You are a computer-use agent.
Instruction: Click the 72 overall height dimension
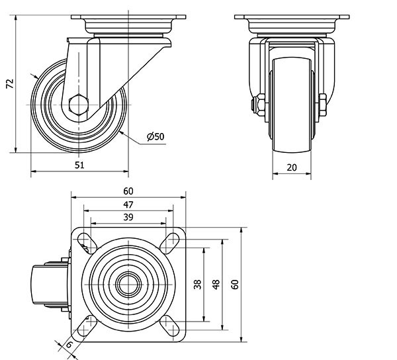tap(9, 84)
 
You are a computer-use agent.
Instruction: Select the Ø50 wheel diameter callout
tap(155, 137)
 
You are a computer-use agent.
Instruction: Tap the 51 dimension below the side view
tap(79, 166)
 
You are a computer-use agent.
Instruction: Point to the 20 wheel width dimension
tap(292, 167)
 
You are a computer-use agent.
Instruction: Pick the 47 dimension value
tap(128, 205)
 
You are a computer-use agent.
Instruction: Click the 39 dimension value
tap(128, 218)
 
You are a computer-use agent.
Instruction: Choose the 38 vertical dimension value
tap(198, 284)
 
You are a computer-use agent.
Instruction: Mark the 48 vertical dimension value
tap(216, 284)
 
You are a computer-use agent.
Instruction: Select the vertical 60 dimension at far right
tap(234, 284)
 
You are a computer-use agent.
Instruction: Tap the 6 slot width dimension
tap(69, 344)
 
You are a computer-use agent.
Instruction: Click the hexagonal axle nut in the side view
tap(78, 105)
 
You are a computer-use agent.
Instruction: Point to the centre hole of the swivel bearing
tap(128, 284)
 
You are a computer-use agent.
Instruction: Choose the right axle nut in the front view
tap(322, 105)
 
